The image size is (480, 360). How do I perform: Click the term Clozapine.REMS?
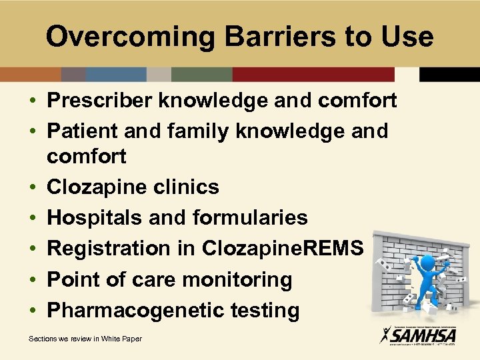coord(283,249)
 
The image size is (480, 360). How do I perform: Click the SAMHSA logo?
coord(417,333)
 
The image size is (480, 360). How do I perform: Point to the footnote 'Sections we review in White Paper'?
coord(85,339)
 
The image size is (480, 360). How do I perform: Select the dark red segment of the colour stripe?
coord(313,74)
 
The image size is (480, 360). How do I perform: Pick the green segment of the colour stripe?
coord(201,74)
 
